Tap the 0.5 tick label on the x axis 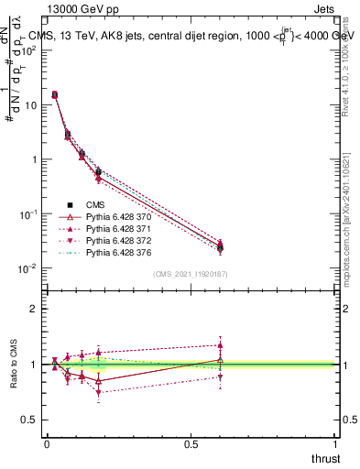tap(191, 442)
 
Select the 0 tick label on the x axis tap(47, 442)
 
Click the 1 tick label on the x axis tap(335, 442)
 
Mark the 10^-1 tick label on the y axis tap(27, 214)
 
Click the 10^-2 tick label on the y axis tap(27, 268)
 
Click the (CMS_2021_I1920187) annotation tap(191, 273)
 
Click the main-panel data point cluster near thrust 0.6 tap(220, 246)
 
